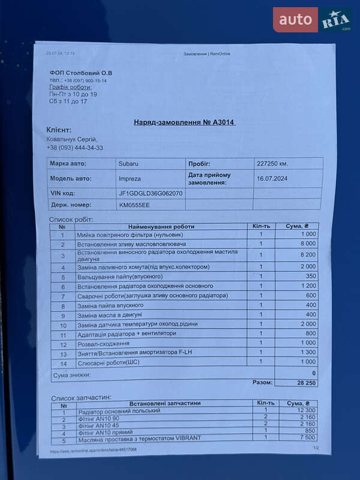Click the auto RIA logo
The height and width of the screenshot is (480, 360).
click(313, 20)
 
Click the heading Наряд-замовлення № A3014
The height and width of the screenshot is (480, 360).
click(185, 122)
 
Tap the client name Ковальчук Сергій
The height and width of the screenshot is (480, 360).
click(71, 139)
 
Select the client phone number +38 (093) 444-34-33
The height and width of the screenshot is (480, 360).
click(74, 148)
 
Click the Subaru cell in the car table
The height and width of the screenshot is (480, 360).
click(128, 163)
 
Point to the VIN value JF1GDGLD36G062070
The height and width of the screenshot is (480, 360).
click(151, 193)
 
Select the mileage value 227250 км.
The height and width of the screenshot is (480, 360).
click(272, 163)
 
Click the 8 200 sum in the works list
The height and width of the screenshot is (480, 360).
click(308, 254)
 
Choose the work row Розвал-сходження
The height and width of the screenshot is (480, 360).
click(103, 343)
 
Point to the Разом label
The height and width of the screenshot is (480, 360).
click(262, 382)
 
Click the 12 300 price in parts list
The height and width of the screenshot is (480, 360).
click(305, 410)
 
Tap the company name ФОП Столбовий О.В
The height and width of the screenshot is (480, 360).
click(81, 73)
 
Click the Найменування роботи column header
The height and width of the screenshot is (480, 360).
click(161, 226)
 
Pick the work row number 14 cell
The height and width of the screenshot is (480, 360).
click(62, 362)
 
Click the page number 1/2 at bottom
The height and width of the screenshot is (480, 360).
click(316, 448)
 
